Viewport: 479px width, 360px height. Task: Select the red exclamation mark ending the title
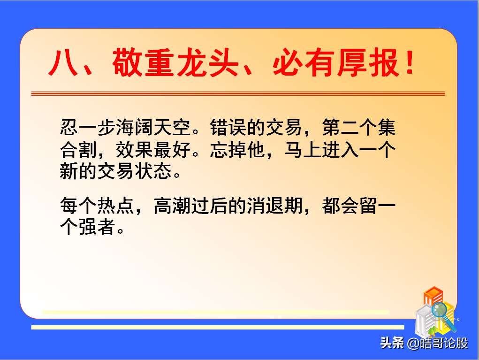pos(410,62)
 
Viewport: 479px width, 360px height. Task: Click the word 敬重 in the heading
pos(144,62)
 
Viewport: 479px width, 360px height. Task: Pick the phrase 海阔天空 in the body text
pos(153,127)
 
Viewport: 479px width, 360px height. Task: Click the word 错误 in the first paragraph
pos(228,127)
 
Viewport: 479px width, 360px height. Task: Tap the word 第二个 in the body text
pos(350,127)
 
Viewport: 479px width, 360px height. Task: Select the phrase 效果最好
pos(153,150)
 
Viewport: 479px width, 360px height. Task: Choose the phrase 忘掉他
pos(238,150)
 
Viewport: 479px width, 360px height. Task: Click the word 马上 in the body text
pos(303,150)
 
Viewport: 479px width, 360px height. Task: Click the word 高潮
pos(172,206)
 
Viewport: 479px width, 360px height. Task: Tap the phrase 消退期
pos(275,206)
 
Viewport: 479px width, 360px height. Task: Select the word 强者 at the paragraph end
pos(97,227)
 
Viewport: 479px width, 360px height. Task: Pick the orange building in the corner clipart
pos(433,296)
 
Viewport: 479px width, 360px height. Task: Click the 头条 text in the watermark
pos(392,343)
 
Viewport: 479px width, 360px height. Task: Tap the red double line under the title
pos(238,93)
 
